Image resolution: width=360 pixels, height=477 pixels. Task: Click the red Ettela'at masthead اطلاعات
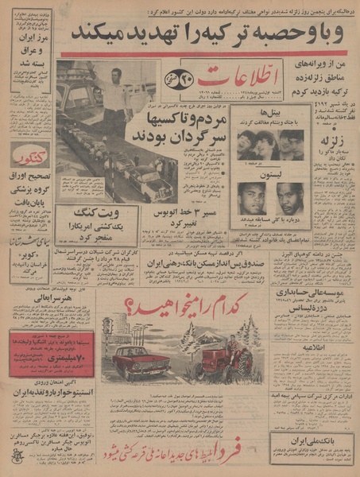(239, 80)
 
